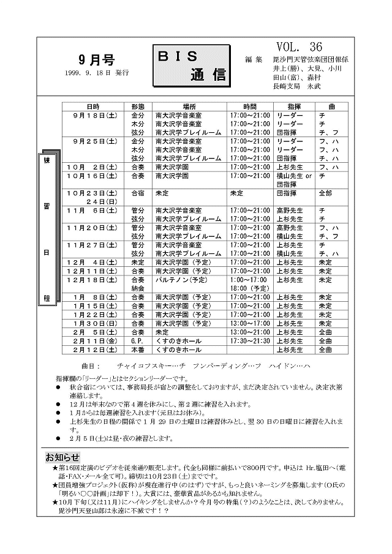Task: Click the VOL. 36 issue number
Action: [x=299, y=47]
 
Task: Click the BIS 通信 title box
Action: [x=190, y=66]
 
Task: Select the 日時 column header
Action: [x=93, y=107]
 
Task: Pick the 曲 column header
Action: [x=331, y=107]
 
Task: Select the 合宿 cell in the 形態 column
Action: [x=138, y=193]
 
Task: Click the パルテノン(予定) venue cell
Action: [x=181, y=280]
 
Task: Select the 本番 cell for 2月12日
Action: [x=138, y=350]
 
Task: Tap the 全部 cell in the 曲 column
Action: [x=325, y=193]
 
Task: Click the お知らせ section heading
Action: [x=62, y=457]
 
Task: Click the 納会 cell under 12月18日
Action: [x=138, y=288]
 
